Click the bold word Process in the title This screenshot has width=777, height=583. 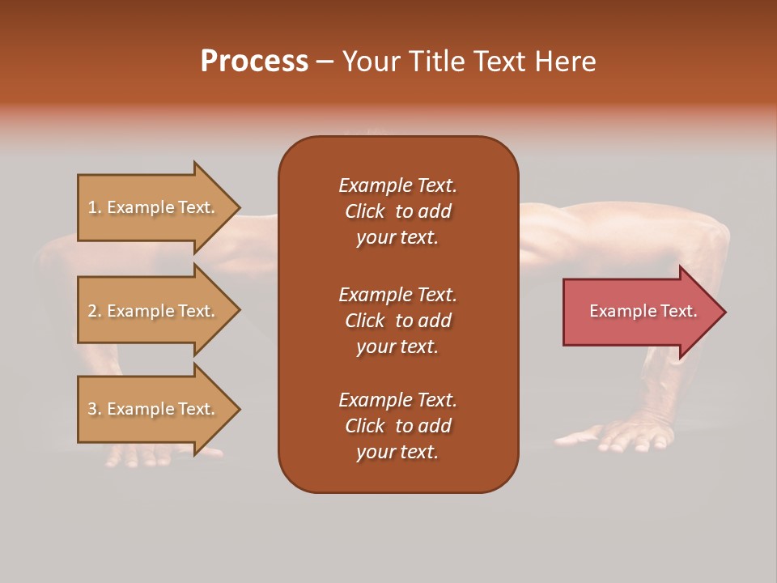tap(254, 62)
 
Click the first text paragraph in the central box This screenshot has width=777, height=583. tap(397, 211)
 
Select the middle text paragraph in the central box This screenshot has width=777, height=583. tap(397, 320)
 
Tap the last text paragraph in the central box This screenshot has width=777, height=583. tap(397, 426)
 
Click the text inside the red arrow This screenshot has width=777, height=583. tap(643, 311)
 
